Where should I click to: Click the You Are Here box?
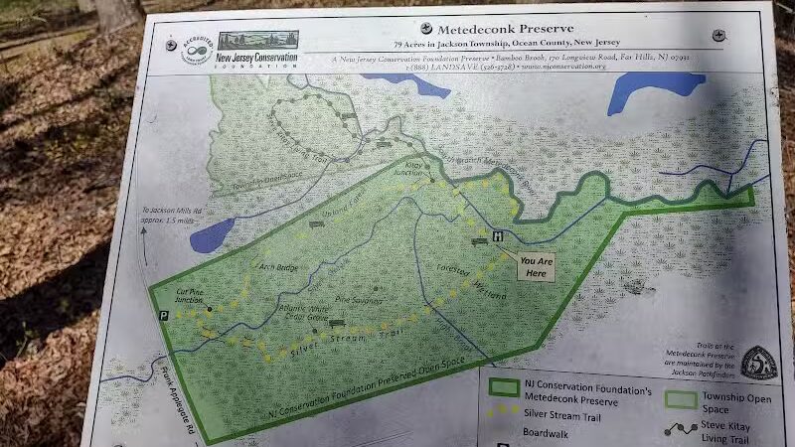[x=537, y=266]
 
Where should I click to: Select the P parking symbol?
[x=162, y=315]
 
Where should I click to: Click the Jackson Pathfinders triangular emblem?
[x=758, y=363]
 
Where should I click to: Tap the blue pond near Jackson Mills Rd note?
[x=212, y=235]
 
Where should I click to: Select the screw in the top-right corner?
[x=716, y=35]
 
